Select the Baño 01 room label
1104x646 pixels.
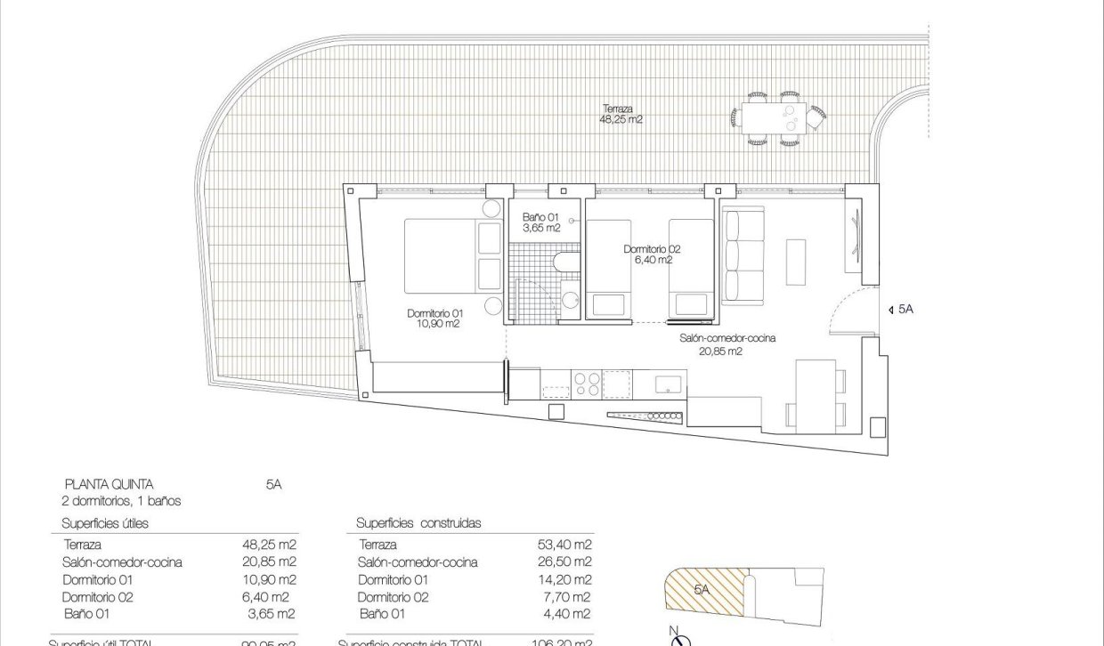pos(540,222)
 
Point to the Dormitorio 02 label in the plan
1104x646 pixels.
pos(652,254)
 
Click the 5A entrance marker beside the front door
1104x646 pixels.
pos(901,310)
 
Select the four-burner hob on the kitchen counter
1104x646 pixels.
pos(587,384)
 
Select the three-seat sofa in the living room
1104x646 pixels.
pos(742,254)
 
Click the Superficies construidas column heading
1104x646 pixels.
pos(418,523)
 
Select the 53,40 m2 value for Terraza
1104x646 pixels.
pos(568,545)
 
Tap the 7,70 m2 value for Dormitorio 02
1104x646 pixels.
pos(571,597)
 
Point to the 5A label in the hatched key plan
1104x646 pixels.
pos(702,589)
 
